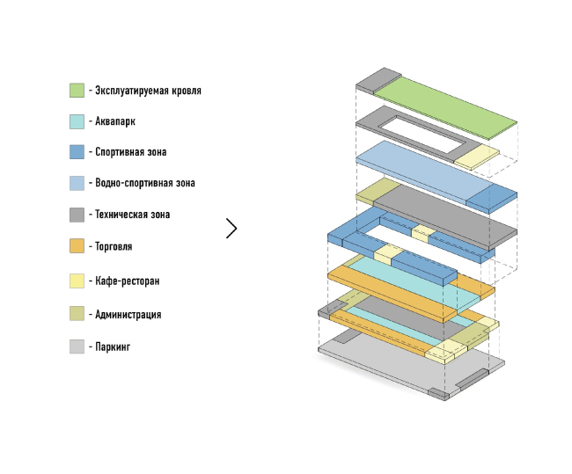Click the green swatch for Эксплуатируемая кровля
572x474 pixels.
click(77, 90)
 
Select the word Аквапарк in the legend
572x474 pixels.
click(114, 121)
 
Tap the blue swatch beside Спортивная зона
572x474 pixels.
click(77, 151)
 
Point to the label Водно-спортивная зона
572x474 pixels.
click(144, 183)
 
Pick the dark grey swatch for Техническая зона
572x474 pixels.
click(77, 214)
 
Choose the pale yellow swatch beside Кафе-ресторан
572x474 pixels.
click(77, 281)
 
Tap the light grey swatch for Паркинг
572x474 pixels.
click(77, 346)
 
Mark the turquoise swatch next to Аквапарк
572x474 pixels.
click(77, 121)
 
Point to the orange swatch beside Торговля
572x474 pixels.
click(77, 247)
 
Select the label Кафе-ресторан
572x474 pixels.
click(127, 281)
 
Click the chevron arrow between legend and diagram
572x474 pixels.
click(231, 229)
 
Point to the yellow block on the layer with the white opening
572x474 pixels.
click(476, 156)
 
